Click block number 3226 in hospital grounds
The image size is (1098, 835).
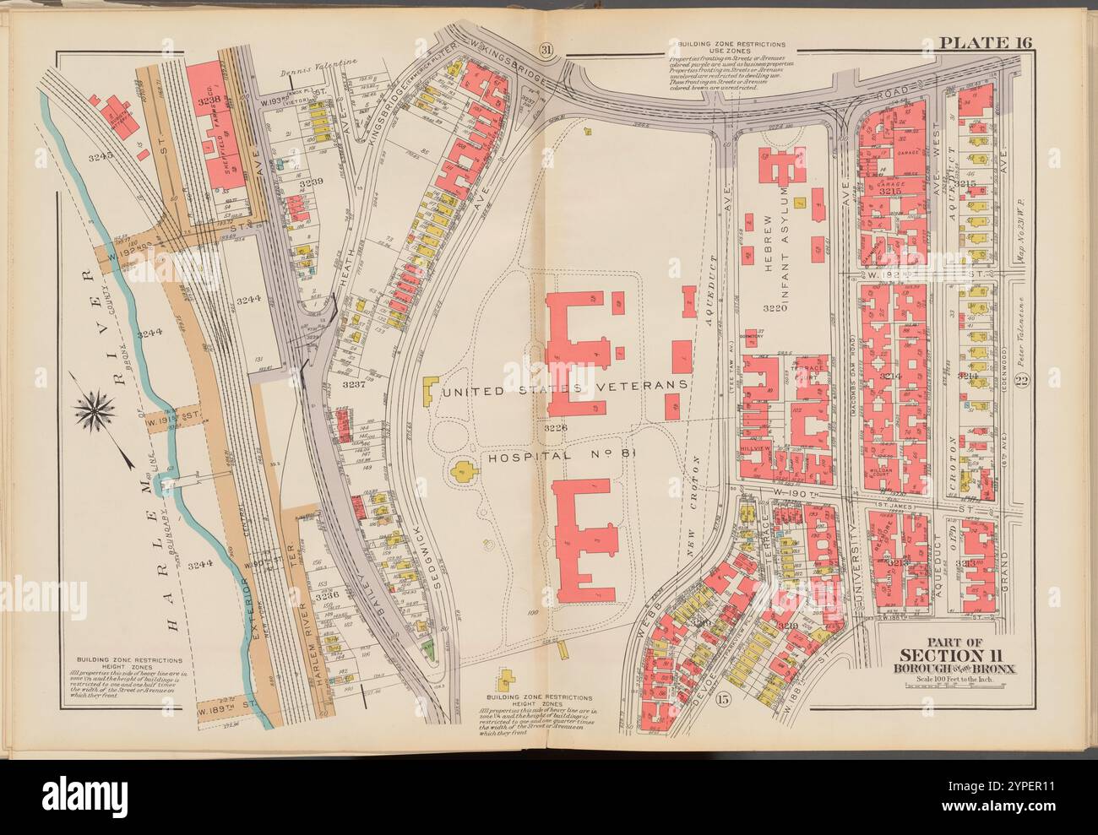point(557,428)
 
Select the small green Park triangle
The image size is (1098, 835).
point(428,648)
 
